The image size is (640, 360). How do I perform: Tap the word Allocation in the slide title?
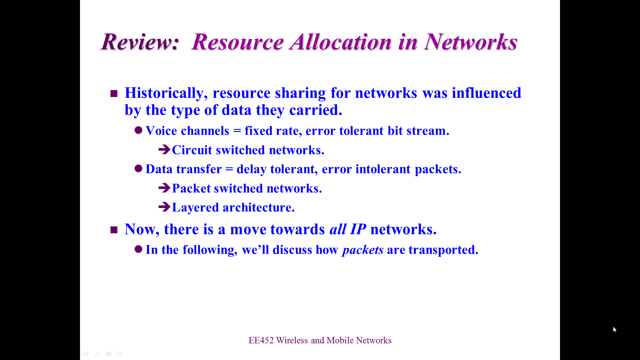341,42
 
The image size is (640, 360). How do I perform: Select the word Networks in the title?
471,42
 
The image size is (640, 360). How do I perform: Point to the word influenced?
487,93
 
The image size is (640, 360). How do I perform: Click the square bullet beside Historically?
114,94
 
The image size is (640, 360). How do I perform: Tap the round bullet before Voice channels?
139,130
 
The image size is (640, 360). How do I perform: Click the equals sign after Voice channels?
237,131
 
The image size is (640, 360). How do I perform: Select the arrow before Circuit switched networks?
164,149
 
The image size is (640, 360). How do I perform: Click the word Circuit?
192,150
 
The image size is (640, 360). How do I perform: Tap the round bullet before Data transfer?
139,168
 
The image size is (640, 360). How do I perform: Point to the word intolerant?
383,169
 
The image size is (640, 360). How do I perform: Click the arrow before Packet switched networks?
164,188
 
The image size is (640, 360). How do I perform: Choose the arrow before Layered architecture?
164,207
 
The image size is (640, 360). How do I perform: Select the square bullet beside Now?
114,230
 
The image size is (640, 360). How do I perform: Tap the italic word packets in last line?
363,250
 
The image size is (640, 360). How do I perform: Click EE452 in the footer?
261,340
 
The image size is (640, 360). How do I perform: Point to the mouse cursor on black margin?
615,329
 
